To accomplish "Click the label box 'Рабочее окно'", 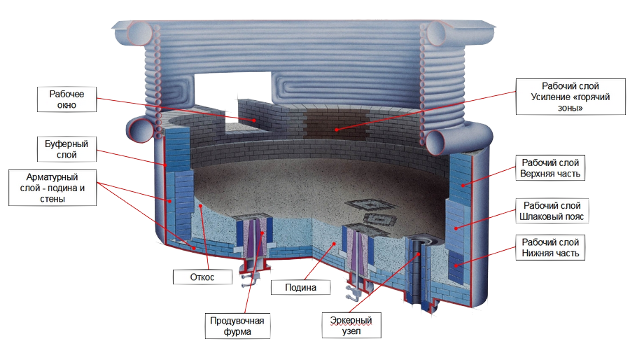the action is coord(66,99).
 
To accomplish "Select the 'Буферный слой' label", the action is coord(66,149).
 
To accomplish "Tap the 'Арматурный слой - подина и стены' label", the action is coord(52,188).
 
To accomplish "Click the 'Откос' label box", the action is coord(202,277).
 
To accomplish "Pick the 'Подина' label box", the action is coord(300,287).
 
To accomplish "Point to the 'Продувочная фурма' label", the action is coord(237,326).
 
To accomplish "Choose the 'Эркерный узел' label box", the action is coord(351,326).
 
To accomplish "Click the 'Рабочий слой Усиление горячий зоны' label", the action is coord(570,97).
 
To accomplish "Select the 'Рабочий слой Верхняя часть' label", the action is coord(550,168).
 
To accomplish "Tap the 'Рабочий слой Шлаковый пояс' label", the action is coord(552,211).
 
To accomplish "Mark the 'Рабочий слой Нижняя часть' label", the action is coord(550,247).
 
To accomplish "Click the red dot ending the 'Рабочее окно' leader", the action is coord(254,120).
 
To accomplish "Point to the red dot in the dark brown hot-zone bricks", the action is coord(337,130).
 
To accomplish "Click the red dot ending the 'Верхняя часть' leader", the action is coord(463,185).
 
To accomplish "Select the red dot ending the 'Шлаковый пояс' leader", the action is coord(456,228).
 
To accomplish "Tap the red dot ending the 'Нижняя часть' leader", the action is coord(456,265).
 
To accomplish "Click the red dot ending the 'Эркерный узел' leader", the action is coord(419,254).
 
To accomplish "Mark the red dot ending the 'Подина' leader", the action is coord(334,244).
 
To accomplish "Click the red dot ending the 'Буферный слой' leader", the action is coord(165,165).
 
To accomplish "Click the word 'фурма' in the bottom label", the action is coord(237,331).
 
